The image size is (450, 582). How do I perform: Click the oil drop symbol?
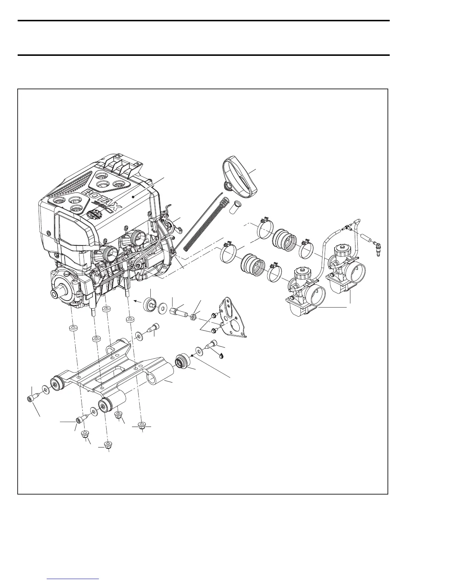pyautogui.click(x=221, y=355)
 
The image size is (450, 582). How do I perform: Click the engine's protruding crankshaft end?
pyautogui.click(x=56, y=295)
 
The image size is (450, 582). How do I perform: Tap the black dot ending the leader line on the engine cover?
pyautogui.click(x=135, y=197)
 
